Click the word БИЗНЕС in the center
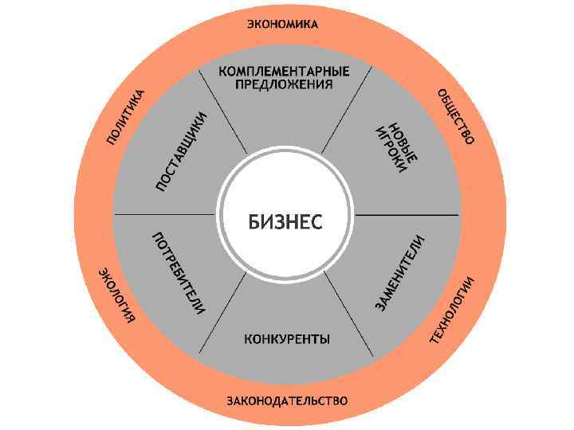tap(285, 222)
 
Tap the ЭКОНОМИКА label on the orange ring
tap(282, 24)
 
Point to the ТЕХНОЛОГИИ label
tap(453, 311)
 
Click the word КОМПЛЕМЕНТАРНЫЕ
tap(284, 71)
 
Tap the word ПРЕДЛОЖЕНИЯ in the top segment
tap(284, 85)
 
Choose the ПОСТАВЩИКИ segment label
tap(183, 151)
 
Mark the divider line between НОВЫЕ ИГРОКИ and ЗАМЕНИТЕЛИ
tap(407, 215)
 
